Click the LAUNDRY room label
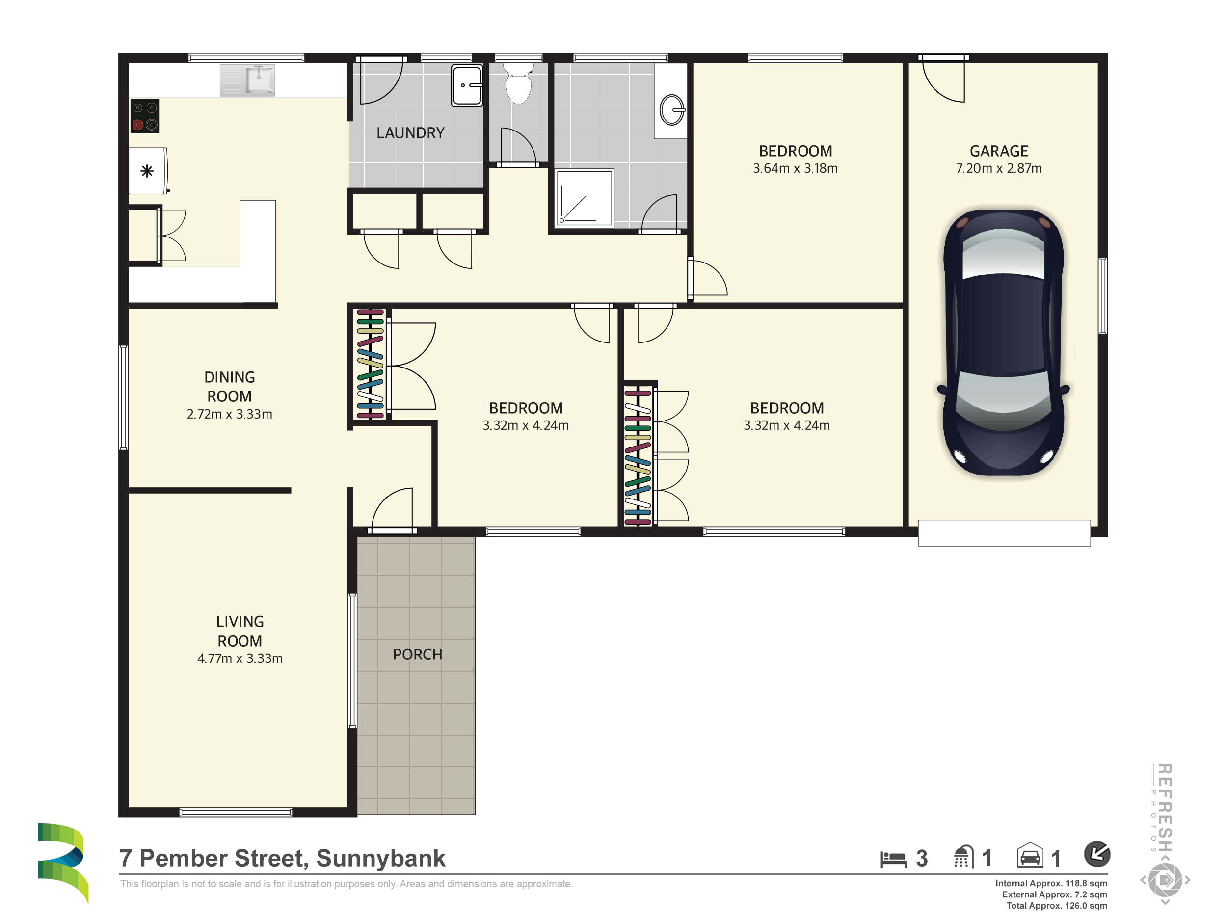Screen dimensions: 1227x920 click(410, 133)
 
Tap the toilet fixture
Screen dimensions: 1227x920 click(518, 83)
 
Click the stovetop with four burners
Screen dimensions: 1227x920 click(145, 116)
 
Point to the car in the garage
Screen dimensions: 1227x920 click(1003, 342)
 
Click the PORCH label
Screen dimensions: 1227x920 click(417, 655)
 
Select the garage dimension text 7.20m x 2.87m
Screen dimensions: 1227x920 click(998, 168)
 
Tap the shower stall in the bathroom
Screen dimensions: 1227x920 click(585, 197)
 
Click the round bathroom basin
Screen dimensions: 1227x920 click(672, 110)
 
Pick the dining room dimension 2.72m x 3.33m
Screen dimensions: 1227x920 click(229, 414)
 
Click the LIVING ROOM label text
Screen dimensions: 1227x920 click(240, 631)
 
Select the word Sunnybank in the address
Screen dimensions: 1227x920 click(380, 859)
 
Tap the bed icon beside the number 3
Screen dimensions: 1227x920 click(893, 859)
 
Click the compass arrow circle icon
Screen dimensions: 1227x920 click(1096, 854)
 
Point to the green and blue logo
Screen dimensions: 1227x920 click(63, 863)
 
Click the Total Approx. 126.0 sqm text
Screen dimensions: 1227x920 click(1057, 906)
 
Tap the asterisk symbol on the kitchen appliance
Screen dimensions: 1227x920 click(147, 171)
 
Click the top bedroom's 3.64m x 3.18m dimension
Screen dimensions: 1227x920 click(795, 168)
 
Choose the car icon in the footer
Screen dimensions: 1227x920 click(1030, 856)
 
